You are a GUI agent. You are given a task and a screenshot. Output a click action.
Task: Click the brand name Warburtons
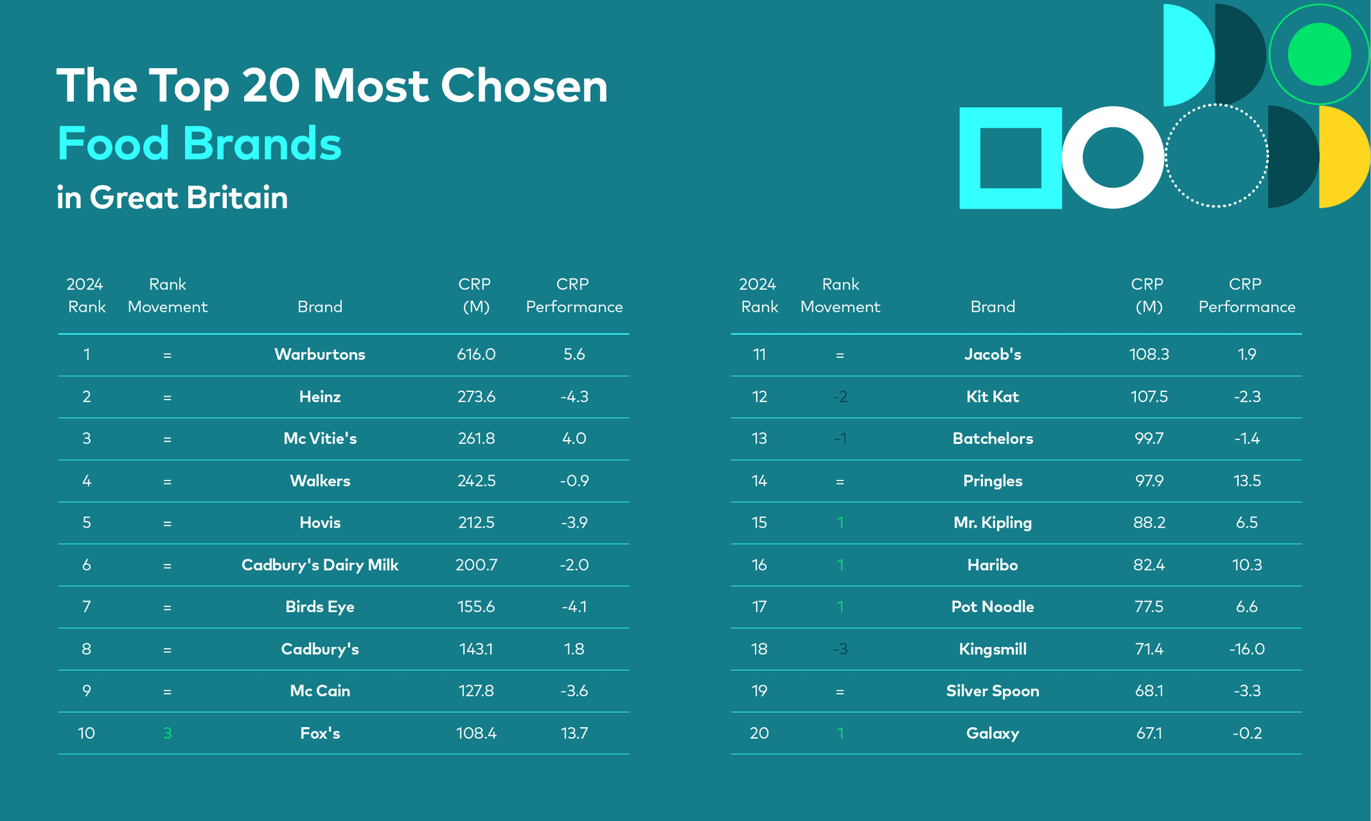pos(319,354)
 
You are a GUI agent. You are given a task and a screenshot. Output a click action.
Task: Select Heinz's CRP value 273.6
pos(476,397)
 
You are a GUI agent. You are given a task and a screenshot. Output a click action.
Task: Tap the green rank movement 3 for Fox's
pos(167,733)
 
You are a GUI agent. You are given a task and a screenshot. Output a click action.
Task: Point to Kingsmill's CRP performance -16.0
pos(1247,649)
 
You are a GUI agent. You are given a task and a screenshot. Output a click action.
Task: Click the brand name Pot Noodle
pos(993,606)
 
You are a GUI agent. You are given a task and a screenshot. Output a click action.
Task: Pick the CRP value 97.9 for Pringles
pos(1149,481)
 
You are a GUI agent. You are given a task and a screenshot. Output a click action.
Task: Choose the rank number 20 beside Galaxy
pos(759,733)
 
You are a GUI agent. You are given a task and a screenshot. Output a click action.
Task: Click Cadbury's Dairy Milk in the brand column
pos(319,565)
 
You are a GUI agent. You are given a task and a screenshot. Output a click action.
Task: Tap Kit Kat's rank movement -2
pos(840,397)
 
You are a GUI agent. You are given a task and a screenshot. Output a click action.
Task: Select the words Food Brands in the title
pos(199,143)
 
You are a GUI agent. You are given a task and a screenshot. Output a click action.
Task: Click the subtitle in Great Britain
pos(172,197)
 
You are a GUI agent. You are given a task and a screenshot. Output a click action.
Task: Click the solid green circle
pos(1319,54)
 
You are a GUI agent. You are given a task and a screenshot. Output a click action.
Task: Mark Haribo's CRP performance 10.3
pos(1247,565)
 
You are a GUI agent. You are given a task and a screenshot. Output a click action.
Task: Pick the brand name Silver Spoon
pos(993,691)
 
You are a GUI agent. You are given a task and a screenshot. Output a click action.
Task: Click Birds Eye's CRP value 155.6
pos(476,606)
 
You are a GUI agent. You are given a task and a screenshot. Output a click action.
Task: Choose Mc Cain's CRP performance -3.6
pos(574,691)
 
